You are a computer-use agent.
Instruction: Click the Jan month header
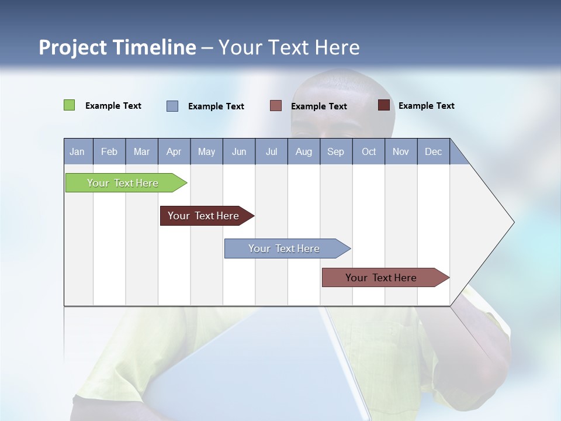pos(77,151)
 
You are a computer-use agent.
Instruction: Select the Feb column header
pos(109,151)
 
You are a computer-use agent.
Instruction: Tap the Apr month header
pos(174,151)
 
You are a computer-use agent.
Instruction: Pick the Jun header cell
pos(239,151)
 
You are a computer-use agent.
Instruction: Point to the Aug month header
pos(304,151)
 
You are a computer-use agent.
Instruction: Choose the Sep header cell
pos(336,151)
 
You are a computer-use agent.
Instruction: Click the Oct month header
pos(369,151)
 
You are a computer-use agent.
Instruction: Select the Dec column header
pos(434,151)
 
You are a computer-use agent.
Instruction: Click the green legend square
pos(70,105)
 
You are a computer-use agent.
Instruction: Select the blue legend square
pos(172,106)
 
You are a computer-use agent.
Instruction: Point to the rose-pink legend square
pos(276,106)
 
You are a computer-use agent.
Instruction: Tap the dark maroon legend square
pos(383,105)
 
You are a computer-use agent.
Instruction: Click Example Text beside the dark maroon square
pos(426,106)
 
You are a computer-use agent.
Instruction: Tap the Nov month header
pos(401,151)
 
